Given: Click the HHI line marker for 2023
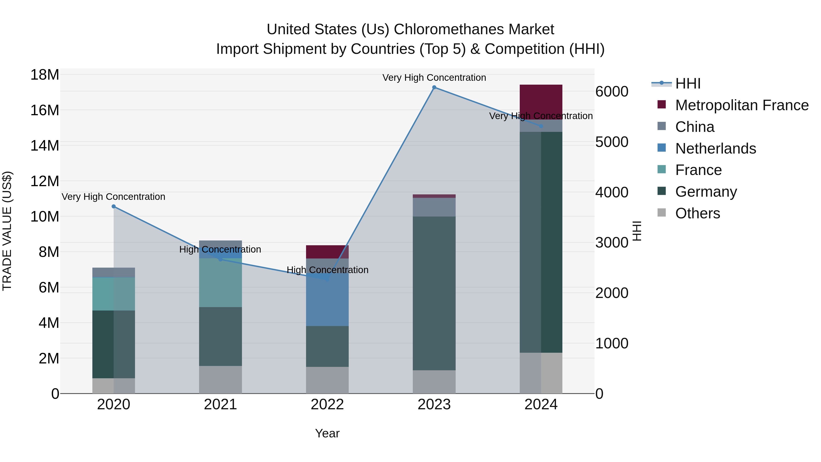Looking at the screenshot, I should pos(434,87).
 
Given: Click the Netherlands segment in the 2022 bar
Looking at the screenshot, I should pos(327,300).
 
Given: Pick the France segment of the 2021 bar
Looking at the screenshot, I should pos(220,283).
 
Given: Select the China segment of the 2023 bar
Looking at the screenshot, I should pos(434,207).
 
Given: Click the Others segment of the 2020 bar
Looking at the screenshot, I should pos(114,386).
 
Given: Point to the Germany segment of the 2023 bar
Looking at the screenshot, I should pos(434,293).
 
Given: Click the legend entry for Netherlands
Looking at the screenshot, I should pos(715,149).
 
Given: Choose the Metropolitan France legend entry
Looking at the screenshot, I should pos(742,105).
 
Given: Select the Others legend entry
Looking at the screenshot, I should pos(697,213).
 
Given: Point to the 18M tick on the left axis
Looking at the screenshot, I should pos(45,75).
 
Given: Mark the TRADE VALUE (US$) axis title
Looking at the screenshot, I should pos(7,231).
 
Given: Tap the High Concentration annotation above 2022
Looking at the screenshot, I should pos(327,270).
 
